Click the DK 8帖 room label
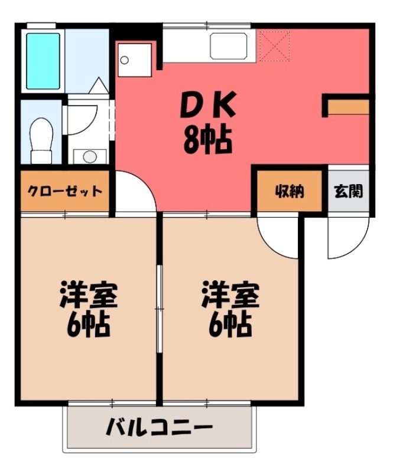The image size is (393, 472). (x=207, y=124)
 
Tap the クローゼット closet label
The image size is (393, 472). (x=65, y=191)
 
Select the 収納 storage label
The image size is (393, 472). (x=288, y=191)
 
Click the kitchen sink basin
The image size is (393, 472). (x=228, y=45)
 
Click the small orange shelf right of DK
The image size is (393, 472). (x=348, y=107)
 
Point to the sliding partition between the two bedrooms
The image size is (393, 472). (x=159, y=307)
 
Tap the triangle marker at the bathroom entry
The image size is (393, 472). (x=98, y=87)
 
